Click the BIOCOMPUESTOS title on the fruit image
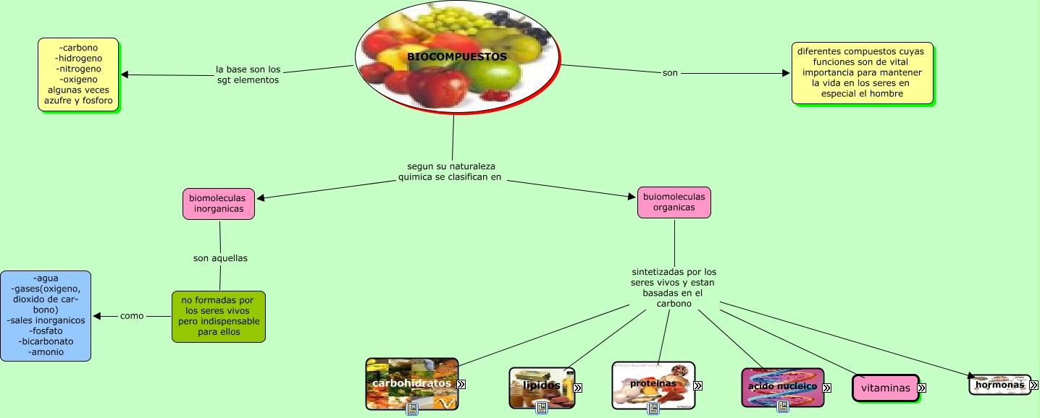pos(456,56)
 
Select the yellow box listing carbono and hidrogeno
pos(78,74)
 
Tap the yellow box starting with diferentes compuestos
pos(862,73)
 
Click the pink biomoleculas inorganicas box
pos(218,203)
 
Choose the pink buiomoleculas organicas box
pos(674,202)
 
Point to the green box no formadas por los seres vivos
pos(219,316)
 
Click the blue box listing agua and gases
pos(46,315)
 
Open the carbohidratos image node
pos(411,383)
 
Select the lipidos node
pos(541,387)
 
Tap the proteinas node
pos(653,384)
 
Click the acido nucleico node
pos(782,387)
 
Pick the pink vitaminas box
pos(885,388)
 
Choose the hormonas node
pos(999,385)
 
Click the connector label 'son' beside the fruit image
pos(670,73)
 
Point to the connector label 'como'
pos(132,316)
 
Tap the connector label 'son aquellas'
pos(219,257)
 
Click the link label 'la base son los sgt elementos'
pos(248,74)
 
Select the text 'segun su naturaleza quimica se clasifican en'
pos(450,171)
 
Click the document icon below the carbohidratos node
pos(412,409)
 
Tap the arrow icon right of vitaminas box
pos(922,388)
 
